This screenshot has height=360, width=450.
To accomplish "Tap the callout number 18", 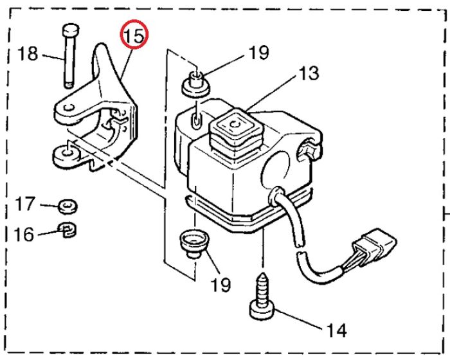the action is pos(28,53).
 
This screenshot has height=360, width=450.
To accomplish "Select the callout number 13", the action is pos(309,73).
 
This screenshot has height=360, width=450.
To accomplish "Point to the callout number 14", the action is pos(337,330).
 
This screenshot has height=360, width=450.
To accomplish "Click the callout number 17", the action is pos(25,204).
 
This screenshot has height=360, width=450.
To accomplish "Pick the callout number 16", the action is pos(24,234).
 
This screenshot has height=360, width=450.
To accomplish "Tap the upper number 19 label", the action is pos(259,53).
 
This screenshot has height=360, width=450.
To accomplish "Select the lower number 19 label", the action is pos(221,285).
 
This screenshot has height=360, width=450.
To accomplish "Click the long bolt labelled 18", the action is pos(70,56).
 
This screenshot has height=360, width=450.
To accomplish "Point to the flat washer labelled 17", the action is pos(67,206).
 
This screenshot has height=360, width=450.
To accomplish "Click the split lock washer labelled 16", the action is pos(67,230).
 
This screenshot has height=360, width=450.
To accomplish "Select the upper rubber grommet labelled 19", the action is pos(196,84).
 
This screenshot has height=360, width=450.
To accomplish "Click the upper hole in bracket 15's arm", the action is pos(69,108).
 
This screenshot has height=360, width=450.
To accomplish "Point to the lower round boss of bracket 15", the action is pos(66,156).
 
